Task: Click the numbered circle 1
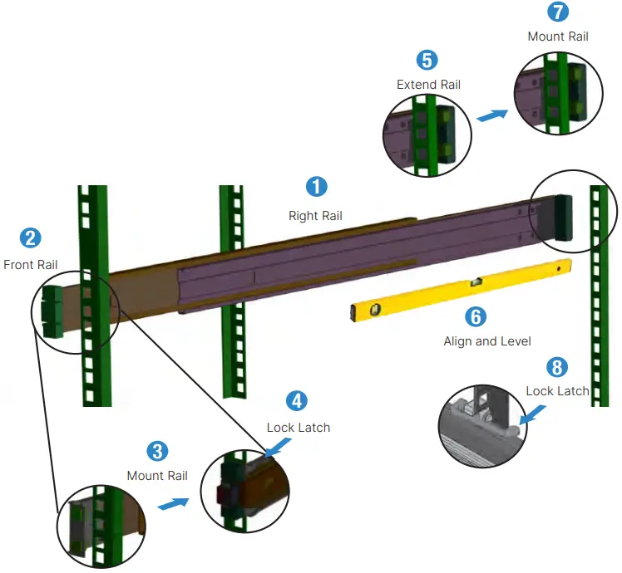coord(316,187)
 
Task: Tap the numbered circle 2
coord(31,238)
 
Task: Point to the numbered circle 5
coord(427,60)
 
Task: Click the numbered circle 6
coord(476,316)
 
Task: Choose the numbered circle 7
coord(558,12)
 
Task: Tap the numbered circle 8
coord(557,366)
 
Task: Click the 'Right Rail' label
coord(315,216)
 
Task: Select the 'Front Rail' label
coord(31,265)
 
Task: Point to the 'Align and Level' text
coord(486,340)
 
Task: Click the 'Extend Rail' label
coord(428,85)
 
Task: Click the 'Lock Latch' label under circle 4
coord(298,428)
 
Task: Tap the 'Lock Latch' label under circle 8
coord(557,390)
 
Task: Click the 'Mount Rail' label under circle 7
coord(558,37)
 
